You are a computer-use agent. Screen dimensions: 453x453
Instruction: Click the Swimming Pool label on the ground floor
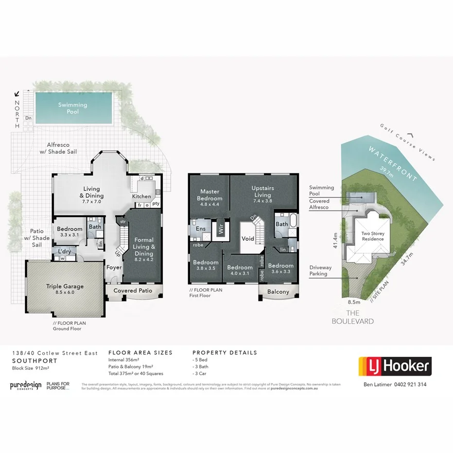coord(72,108)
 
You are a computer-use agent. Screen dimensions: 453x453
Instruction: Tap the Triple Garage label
coord(65,286)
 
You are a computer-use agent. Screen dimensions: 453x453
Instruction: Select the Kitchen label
coord(141,196)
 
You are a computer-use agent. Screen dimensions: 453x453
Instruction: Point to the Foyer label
coord(114,267)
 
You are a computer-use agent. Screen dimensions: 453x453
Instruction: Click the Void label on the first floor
coord(248,239)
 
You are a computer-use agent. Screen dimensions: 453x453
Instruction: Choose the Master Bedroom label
coord(209,195)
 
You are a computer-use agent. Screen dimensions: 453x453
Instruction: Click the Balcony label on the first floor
coord(278,292)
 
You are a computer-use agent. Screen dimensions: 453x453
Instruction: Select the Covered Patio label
coord(133,291)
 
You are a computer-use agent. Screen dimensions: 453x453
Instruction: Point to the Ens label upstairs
coord(200,228)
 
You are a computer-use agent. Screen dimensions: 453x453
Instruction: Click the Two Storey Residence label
coord(373,236)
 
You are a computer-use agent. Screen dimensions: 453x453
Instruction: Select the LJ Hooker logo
coord(395,366)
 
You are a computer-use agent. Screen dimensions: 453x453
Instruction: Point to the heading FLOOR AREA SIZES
coord(140,353)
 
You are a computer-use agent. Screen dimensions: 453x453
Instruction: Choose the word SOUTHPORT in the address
coord(35,361)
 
